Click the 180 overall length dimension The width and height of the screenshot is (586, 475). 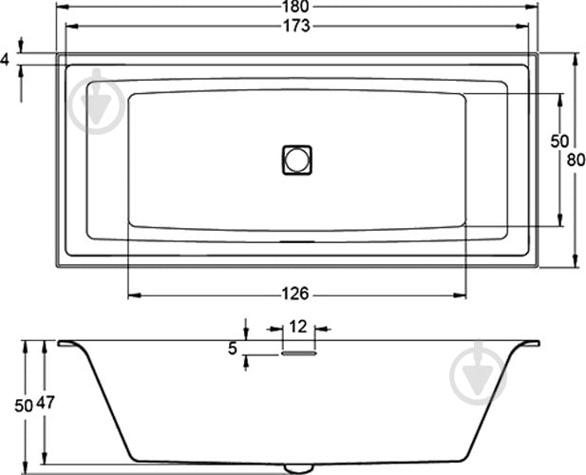296,7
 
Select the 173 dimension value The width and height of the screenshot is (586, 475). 296,26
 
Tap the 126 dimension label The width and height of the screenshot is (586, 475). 295,294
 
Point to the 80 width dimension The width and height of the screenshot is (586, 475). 576,160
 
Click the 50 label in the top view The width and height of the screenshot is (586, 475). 559,141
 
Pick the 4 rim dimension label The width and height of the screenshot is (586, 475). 4,60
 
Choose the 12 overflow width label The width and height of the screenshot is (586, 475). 298,327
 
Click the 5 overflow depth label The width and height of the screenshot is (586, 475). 233,349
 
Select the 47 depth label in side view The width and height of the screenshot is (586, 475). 46,403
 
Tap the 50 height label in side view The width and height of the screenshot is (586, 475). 24,406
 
